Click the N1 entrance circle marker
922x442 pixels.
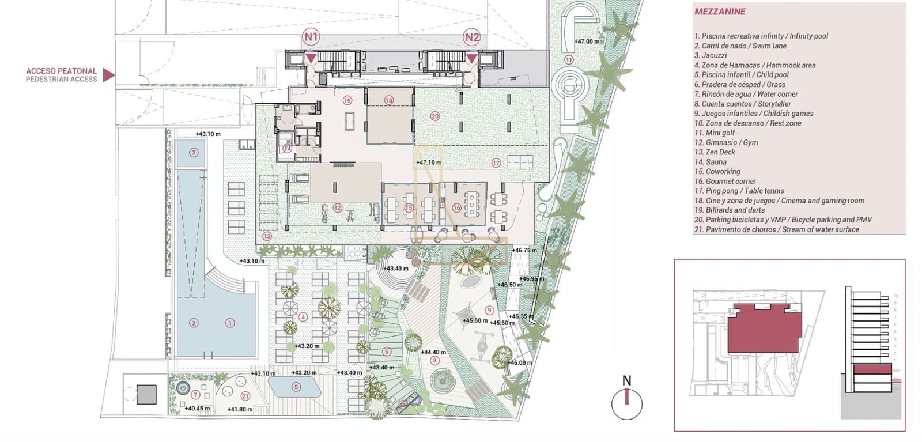[311, 38]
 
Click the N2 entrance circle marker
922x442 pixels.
[472, 38]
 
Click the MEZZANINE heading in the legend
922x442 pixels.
[720, 12]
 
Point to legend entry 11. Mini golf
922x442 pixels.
[715, 133]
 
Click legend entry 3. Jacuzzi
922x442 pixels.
[711, 55]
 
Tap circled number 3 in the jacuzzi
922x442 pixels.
[194, 153]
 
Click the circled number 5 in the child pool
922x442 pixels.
[296, 387]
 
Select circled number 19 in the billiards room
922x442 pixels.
[347, 100]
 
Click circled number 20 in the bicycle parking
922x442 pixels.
[435, 116]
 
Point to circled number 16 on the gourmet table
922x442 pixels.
[456, 208]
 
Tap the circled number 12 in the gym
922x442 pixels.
[338, 208]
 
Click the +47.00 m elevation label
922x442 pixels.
[587, 41]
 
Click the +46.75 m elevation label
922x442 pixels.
[524, 250]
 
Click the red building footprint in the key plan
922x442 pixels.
[764, 329]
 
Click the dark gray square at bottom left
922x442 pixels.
[146, 395]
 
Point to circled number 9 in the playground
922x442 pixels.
[489, 310]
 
